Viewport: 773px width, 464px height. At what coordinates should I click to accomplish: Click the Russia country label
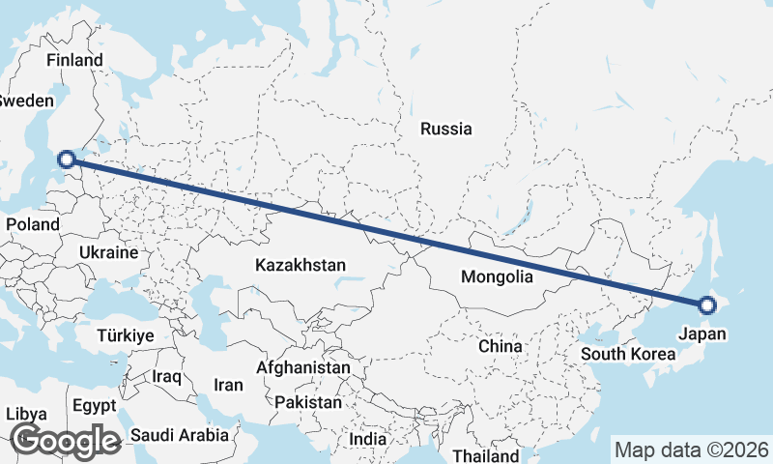click(445, 129)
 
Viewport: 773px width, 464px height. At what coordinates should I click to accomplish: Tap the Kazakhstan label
click(301, 264)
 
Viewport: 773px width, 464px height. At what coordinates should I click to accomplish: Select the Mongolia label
click(498, 277)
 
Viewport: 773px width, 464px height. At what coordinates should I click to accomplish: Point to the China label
click(501, 345)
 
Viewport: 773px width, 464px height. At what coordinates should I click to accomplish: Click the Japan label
click(702, 334)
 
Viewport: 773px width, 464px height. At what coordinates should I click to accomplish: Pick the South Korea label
click(628, 354)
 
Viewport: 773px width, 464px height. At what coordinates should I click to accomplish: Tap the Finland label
click(74, 60)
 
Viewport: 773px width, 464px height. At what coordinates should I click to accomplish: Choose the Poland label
click(33, 224)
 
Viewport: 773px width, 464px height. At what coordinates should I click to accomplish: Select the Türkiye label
click(126, 335)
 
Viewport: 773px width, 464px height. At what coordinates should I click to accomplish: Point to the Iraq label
click(167, 375)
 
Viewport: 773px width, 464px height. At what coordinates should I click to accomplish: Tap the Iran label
click(228, 385)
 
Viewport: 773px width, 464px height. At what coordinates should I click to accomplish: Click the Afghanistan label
click(303, 368)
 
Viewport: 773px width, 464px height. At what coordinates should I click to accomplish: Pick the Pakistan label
click(308, 402)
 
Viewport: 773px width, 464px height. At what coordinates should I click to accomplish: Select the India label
click(367, 439)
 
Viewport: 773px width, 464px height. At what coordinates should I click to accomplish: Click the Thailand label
click(485, 454)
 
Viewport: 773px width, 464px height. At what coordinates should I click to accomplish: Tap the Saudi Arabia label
click(181, 435)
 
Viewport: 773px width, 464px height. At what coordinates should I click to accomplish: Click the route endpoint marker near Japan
click(706, 305)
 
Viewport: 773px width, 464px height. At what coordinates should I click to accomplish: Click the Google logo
click(65, 440)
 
